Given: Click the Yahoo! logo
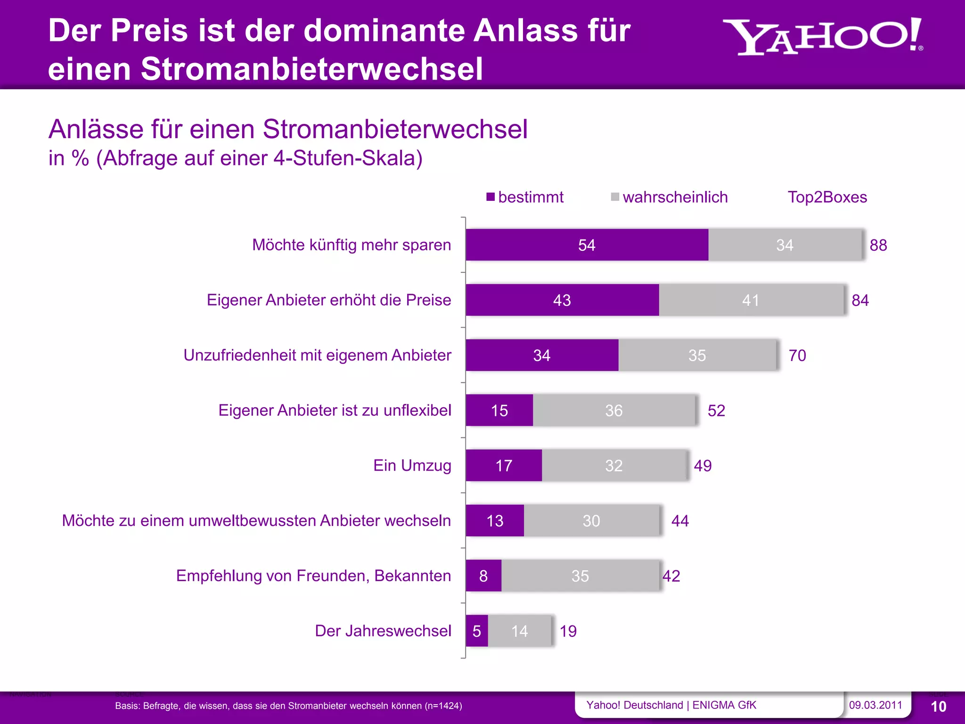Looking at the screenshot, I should (822, 37).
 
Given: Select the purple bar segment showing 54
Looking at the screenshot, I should (587, 245).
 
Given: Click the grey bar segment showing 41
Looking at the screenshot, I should (751, 300).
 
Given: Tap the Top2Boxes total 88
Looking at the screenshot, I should (878, 245).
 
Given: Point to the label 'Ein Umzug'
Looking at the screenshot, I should (412, 466).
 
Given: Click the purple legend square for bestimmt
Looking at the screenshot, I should (491, 197).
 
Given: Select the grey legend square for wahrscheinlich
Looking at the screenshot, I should (615, 197).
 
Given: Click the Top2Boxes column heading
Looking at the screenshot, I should (827, 197).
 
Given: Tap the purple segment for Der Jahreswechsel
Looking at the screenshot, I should (476, 631).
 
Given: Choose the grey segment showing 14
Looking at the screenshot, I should (519, 631).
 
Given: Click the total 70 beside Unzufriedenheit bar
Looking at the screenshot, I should (797, 355).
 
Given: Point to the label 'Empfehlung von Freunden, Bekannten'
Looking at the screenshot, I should (313, 576).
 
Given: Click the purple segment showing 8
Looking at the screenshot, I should (483, 576).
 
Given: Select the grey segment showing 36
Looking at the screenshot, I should (613, 411).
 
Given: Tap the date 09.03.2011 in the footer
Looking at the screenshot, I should (875, 705).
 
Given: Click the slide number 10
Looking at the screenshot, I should (938, 707).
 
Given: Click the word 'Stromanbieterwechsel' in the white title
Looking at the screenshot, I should (312, 69).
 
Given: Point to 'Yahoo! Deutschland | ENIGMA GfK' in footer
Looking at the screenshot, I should (671, 705).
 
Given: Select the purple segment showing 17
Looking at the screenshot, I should (504, 466).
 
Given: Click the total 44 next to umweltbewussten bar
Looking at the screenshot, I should (680, 521).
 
